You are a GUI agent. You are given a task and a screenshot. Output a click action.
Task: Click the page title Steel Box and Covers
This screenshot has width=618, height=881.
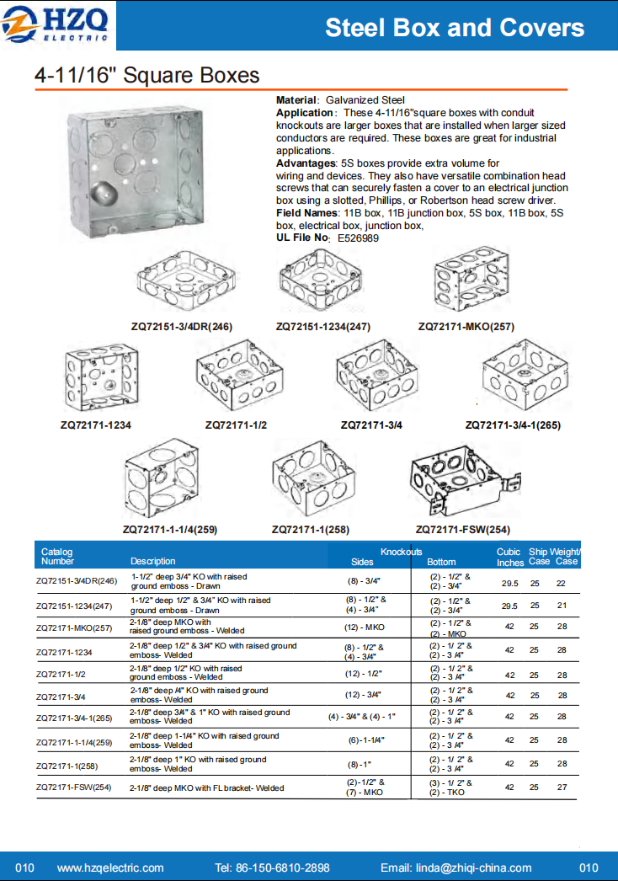455,28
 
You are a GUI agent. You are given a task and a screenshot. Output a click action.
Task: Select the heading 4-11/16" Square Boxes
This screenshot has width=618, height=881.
147,76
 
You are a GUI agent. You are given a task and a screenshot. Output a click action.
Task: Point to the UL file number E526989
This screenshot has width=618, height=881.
358,238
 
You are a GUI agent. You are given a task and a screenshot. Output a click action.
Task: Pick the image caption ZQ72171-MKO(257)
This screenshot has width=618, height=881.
466,326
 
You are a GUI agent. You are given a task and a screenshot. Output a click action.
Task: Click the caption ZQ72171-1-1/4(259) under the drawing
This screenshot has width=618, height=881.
170,530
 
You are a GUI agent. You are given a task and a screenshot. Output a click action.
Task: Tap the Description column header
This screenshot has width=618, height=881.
153,561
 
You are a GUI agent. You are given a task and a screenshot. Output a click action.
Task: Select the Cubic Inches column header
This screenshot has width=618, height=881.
509,557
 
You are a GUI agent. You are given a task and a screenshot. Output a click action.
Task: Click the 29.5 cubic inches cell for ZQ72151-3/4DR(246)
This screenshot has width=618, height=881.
509,583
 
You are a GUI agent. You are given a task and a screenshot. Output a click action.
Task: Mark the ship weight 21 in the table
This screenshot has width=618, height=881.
562,606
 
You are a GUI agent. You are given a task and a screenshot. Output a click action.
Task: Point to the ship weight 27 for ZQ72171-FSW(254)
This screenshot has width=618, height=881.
562,787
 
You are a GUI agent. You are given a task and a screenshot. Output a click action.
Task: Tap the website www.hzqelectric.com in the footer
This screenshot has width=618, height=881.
110,868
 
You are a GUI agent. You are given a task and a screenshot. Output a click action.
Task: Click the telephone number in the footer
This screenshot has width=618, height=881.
272,868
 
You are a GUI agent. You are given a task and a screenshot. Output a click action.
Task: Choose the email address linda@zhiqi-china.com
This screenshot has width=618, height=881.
456,868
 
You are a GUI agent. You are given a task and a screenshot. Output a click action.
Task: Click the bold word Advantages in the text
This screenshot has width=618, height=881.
306,163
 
